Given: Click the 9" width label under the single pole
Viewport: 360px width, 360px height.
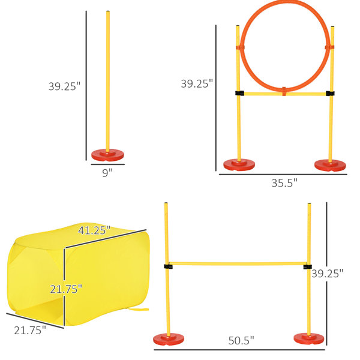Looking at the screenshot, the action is click(107, 173).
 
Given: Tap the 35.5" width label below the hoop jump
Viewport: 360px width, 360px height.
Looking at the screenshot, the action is click(284, 183).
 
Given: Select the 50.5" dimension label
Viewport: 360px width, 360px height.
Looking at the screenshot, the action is click(241, 340).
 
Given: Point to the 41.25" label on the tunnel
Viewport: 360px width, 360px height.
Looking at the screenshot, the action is click(94, 230).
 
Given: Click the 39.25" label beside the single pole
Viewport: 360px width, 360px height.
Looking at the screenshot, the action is click(65, 86).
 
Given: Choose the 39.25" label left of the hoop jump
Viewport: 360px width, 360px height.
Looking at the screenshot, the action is click(197, 83).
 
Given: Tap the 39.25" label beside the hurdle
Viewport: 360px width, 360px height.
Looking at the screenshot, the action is click(328, 274).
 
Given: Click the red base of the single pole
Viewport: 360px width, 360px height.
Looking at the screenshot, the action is click(107, 155).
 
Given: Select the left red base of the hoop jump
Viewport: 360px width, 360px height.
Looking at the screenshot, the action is click(239, 165).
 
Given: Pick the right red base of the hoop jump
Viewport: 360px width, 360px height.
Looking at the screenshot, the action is click(330, 166).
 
